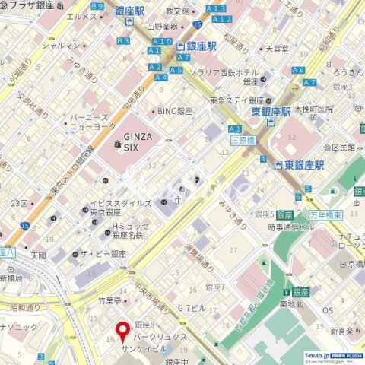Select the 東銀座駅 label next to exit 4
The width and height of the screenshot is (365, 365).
tap(300, 164)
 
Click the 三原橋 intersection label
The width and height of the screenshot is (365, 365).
tap(242, 140)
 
